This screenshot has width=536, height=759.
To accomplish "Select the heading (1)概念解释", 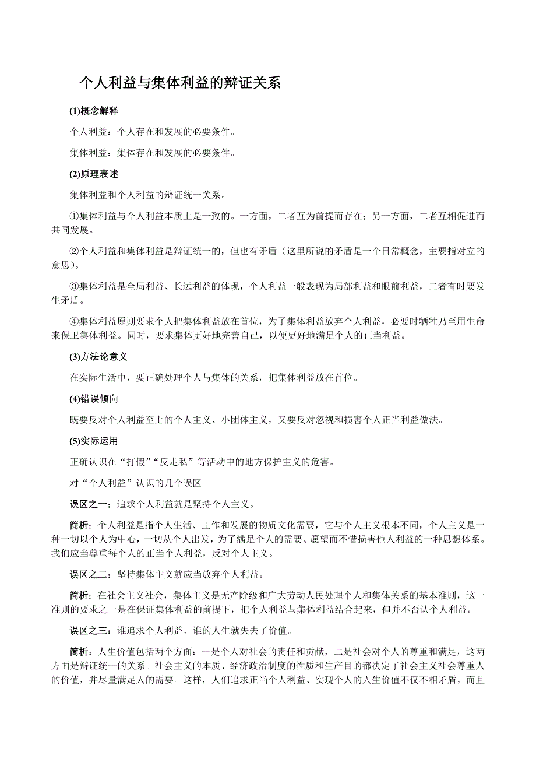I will coord(94,111).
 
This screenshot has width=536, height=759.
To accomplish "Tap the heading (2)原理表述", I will coord(94,174).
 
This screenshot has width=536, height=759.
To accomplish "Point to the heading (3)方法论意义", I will coord(98,356).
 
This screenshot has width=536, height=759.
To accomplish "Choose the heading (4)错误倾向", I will coord(94,399).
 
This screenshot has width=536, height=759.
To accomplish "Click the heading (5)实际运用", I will coord(94,441).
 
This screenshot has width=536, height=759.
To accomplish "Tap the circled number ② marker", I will coord(74,252).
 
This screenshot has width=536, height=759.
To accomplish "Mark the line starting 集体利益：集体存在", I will coord(153,153).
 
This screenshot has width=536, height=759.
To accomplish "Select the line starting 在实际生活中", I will coord(214,377).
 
